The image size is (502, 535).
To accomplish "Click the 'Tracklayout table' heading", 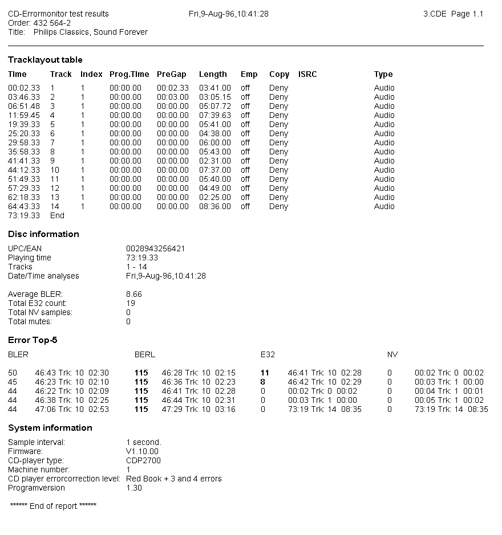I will (45, 60).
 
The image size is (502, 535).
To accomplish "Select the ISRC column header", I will (307, 74).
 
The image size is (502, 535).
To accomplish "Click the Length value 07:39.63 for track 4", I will (215, 115).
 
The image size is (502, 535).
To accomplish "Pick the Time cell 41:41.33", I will (24, 161).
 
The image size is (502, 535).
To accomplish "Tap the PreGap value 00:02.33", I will (172, 88).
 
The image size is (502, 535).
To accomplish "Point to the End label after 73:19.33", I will (57, 215).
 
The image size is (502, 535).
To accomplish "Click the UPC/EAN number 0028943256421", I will (155, 248).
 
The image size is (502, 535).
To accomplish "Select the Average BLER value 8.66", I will (134, 294).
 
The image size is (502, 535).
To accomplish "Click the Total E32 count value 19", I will (131, 303).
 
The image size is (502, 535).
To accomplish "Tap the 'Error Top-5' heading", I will (33, 340).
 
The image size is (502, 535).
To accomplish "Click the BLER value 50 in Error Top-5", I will (13, 373).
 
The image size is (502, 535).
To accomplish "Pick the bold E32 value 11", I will (265, 373).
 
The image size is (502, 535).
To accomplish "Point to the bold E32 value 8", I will (263, 382).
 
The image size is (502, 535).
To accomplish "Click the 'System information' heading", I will (50, 428).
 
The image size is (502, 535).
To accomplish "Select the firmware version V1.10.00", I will (142, 451).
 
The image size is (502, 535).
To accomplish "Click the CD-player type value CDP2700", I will (144, 460).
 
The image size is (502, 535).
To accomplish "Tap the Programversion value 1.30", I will (134, 488).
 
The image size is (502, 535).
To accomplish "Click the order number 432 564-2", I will (52, 23).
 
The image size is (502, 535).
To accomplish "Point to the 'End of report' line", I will (54, 506).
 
